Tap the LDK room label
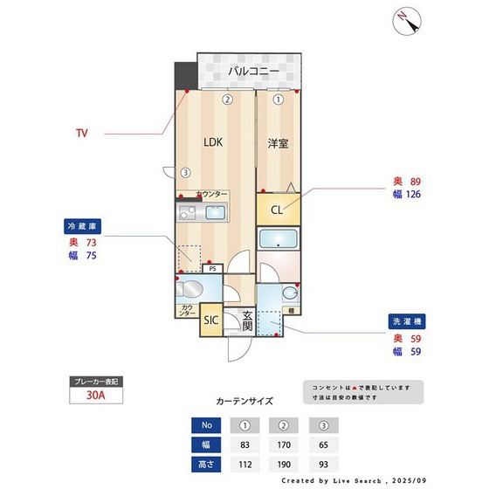point(213,141)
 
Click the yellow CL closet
point(276,210)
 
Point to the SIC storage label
point(210,320)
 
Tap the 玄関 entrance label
point(247,320)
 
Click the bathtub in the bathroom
point(279,240)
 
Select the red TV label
point(81,134)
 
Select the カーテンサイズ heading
point(244,402)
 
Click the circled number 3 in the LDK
point(185,172)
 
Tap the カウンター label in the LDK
point(211,194)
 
